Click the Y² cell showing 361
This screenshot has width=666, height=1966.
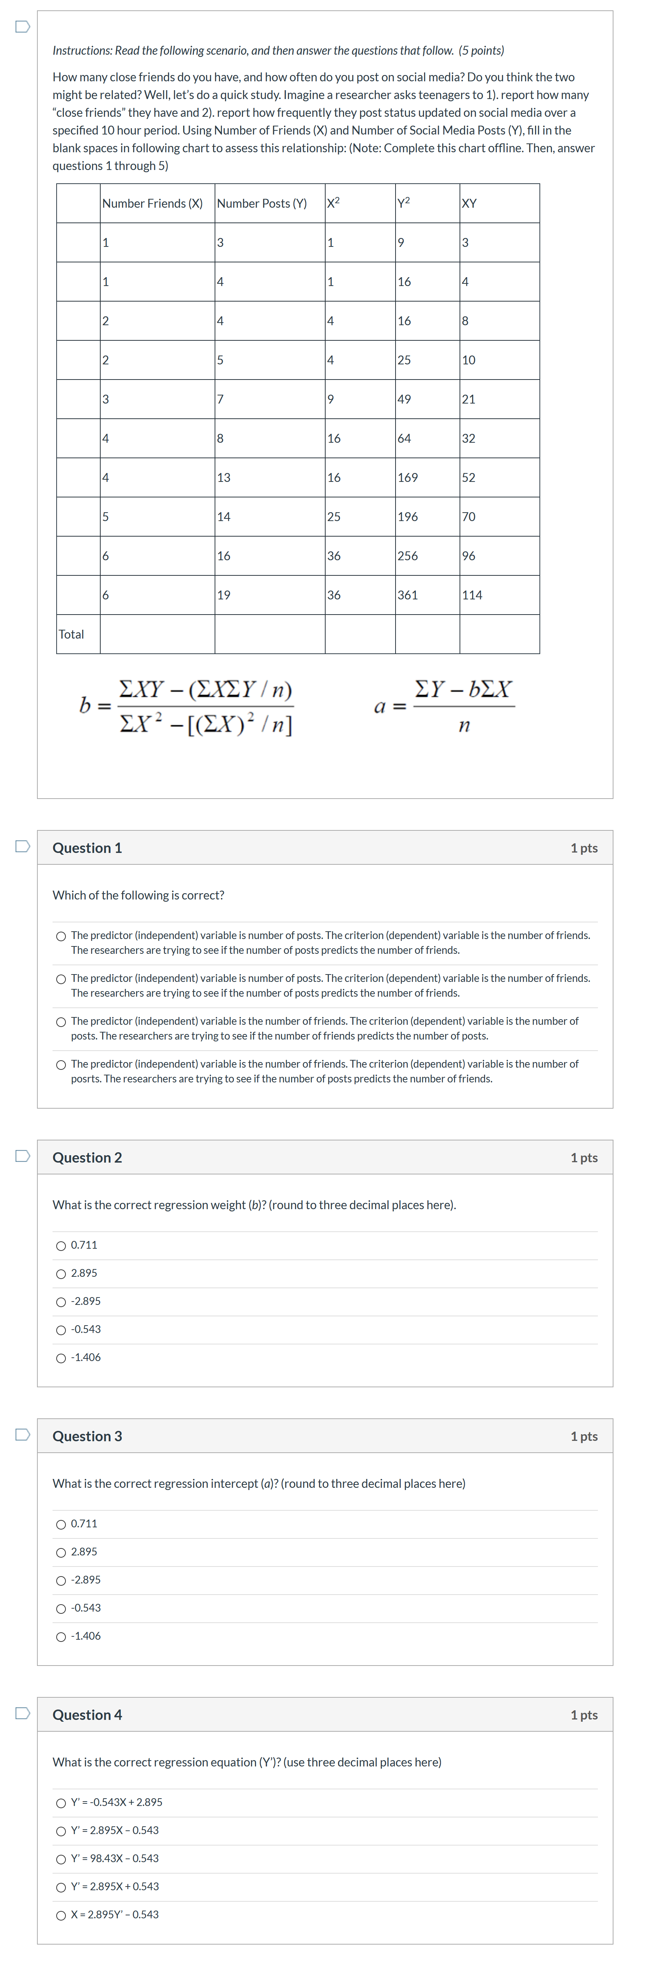(x=408, y=595)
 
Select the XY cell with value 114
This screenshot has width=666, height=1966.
(x=472, y=595)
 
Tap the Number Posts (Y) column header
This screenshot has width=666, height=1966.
(x=262, y=203)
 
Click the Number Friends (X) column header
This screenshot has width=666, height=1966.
(x=153, y=203)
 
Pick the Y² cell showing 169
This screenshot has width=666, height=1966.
(x=408, y=477)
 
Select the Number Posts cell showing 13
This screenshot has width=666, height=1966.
(x=224, y=477)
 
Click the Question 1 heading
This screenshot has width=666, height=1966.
(x=87, y=848)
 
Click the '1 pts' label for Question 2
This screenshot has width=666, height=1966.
(x=583, y=1158)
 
